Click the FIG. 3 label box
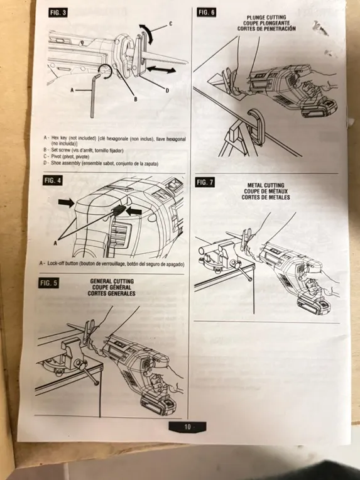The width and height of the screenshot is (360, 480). pyautogui.click(x=58, y=13)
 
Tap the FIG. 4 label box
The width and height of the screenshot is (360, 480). pyautogui.click(x=52, y=180)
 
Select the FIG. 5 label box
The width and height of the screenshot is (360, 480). pyautogui.click(x=49, y=283)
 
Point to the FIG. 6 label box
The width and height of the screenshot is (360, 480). pyautogui.click(x=206, y=12)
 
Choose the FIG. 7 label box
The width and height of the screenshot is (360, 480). pyautogui.click(x=205, y=182)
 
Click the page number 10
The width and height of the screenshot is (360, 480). pyautogui.click(x=187, y=427)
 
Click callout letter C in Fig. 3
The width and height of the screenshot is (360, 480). pyautogui.click(x=170, y=24)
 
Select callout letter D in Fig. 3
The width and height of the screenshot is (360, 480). pyautogui.click(x=167, y=90)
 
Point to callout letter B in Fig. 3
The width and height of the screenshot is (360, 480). pyautogui.click(x=136, y=99)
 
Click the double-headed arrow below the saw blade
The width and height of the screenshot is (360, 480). pyautogui.click(x=161, y=70)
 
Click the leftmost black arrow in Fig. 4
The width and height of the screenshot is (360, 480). pyautogui.click(x=67, y=202)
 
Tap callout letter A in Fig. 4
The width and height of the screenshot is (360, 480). pyautogui.click(x=55, y=243)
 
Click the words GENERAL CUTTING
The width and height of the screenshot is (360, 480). pyautogui.click(x=112, y=281)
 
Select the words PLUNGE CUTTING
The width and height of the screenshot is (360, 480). pyautogui.click(x=266, y=18)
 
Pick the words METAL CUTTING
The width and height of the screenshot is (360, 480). pyautogui.click(x=266, y=185)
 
